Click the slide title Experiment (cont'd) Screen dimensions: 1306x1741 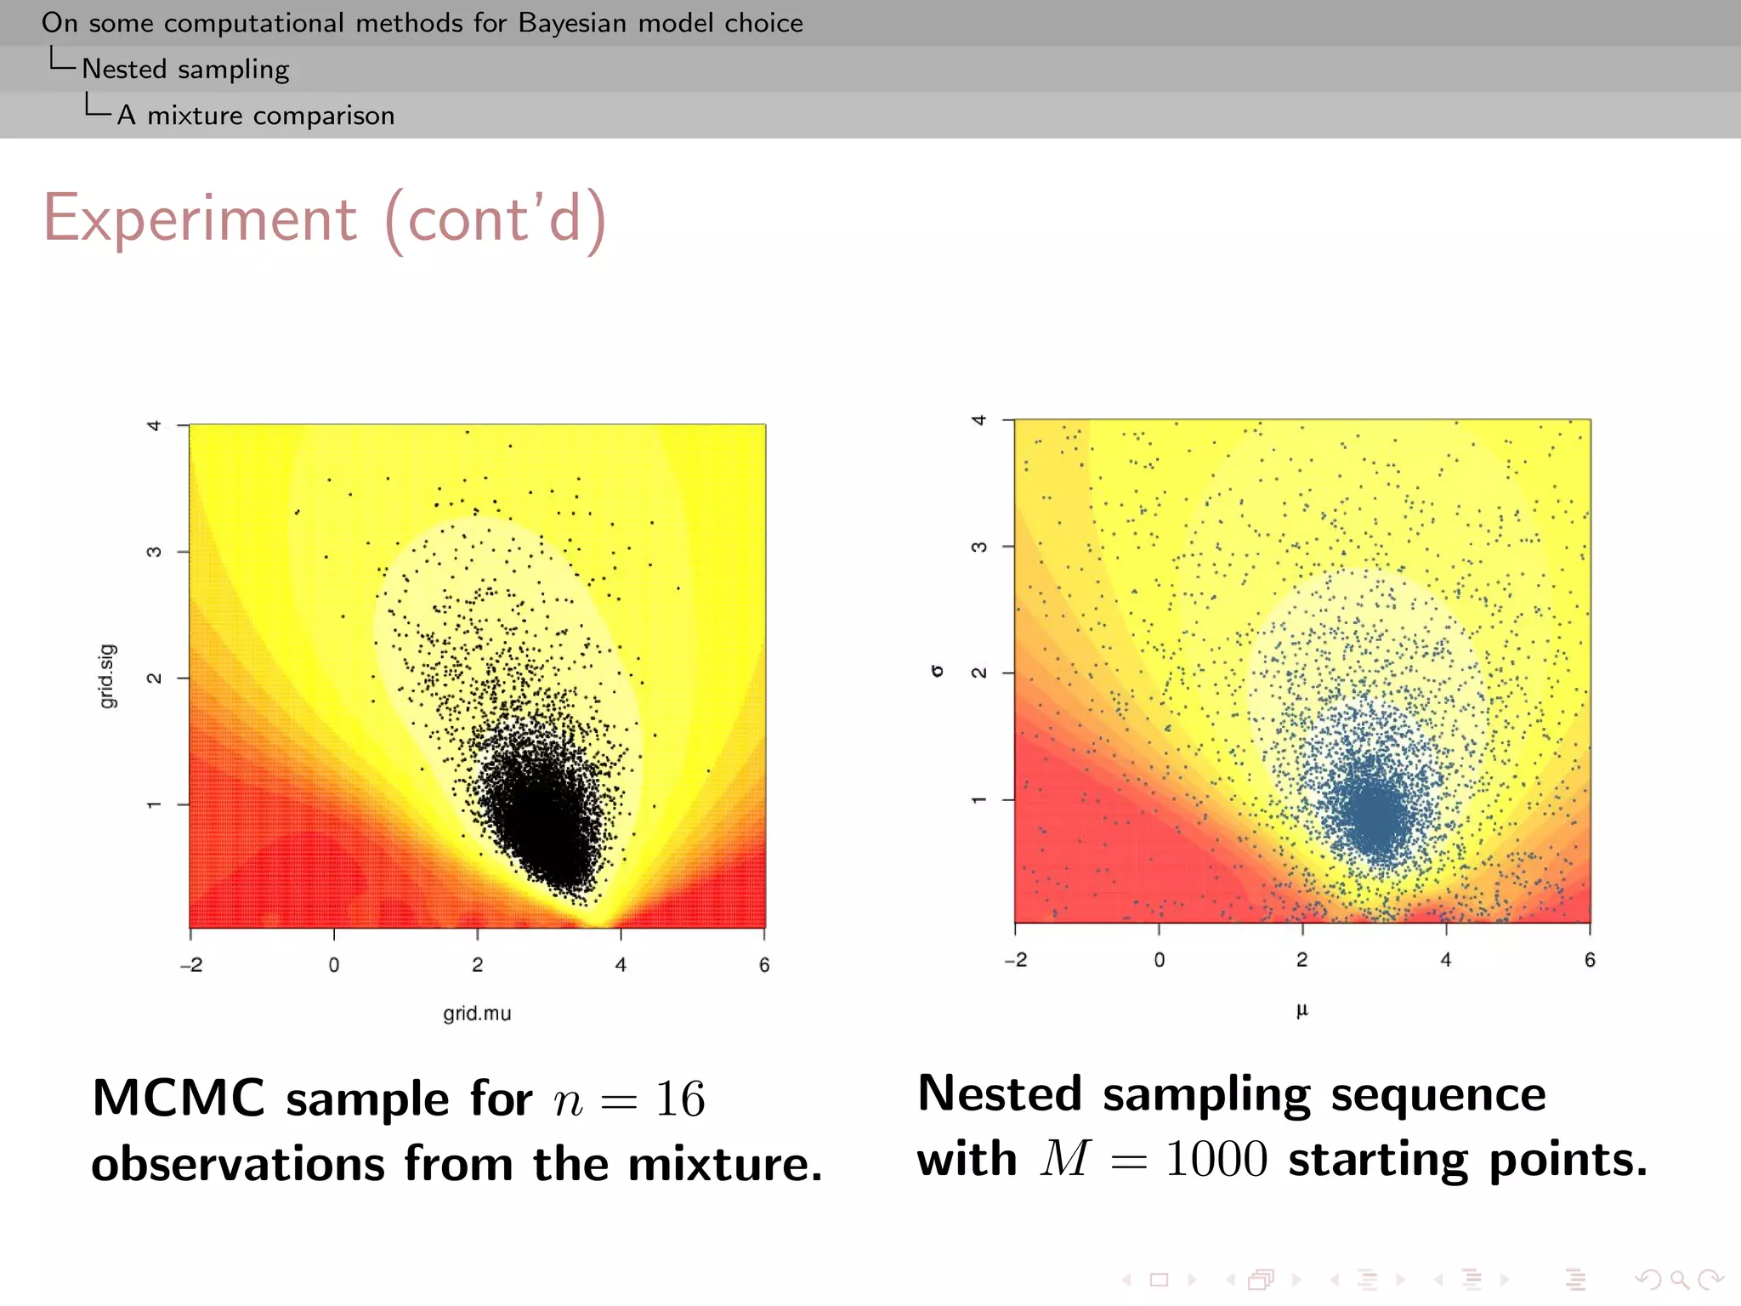tap(325, 219)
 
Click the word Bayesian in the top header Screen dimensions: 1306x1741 tap(572, 23)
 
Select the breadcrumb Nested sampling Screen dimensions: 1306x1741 tap(185, 69)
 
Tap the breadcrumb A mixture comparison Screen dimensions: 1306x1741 tap(256, 115)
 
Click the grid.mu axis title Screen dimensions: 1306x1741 tap(477, 1014)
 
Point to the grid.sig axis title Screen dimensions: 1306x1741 tap(107, 676)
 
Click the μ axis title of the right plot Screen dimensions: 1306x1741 tap(1301, 1010)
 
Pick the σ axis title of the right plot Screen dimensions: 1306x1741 tap(938, 671)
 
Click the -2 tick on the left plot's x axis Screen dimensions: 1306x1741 tap(191, 965)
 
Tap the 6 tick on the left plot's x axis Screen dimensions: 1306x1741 tap(764, 965)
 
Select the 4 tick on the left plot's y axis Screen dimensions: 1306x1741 tap(154, 425)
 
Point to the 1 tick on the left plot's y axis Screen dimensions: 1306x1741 tap(154, 804)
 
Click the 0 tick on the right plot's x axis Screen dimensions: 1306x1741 tap(1159, 960)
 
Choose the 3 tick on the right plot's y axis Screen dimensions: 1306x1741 tap(979, 547)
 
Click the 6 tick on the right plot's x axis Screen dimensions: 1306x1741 tap(1590, 960)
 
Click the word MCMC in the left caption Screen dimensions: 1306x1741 tap(179, 1098)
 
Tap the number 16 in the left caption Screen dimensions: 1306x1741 tap(679, 1099)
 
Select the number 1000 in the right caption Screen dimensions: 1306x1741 tap(1216, 1159)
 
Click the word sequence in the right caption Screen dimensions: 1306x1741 tap(1438, 1094)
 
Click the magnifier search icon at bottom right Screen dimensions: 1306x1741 tap(1679, 1279)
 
